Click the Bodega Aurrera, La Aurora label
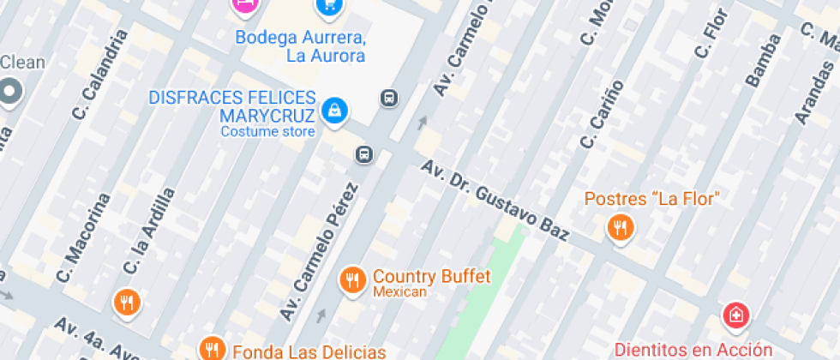pos(300,46)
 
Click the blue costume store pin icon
pos(333,110)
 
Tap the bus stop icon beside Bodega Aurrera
pos(389,98)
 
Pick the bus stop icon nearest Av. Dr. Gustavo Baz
pos(364,154)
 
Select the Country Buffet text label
pos(431,277)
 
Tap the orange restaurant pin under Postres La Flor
pos(620,228)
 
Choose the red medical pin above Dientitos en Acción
pos(735,316)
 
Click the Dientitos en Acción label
pos(693,349)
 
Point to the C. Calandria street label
pos(100,75)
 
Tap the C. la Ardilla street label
pos(148,231)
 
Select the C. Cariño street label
pos(602,112)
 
